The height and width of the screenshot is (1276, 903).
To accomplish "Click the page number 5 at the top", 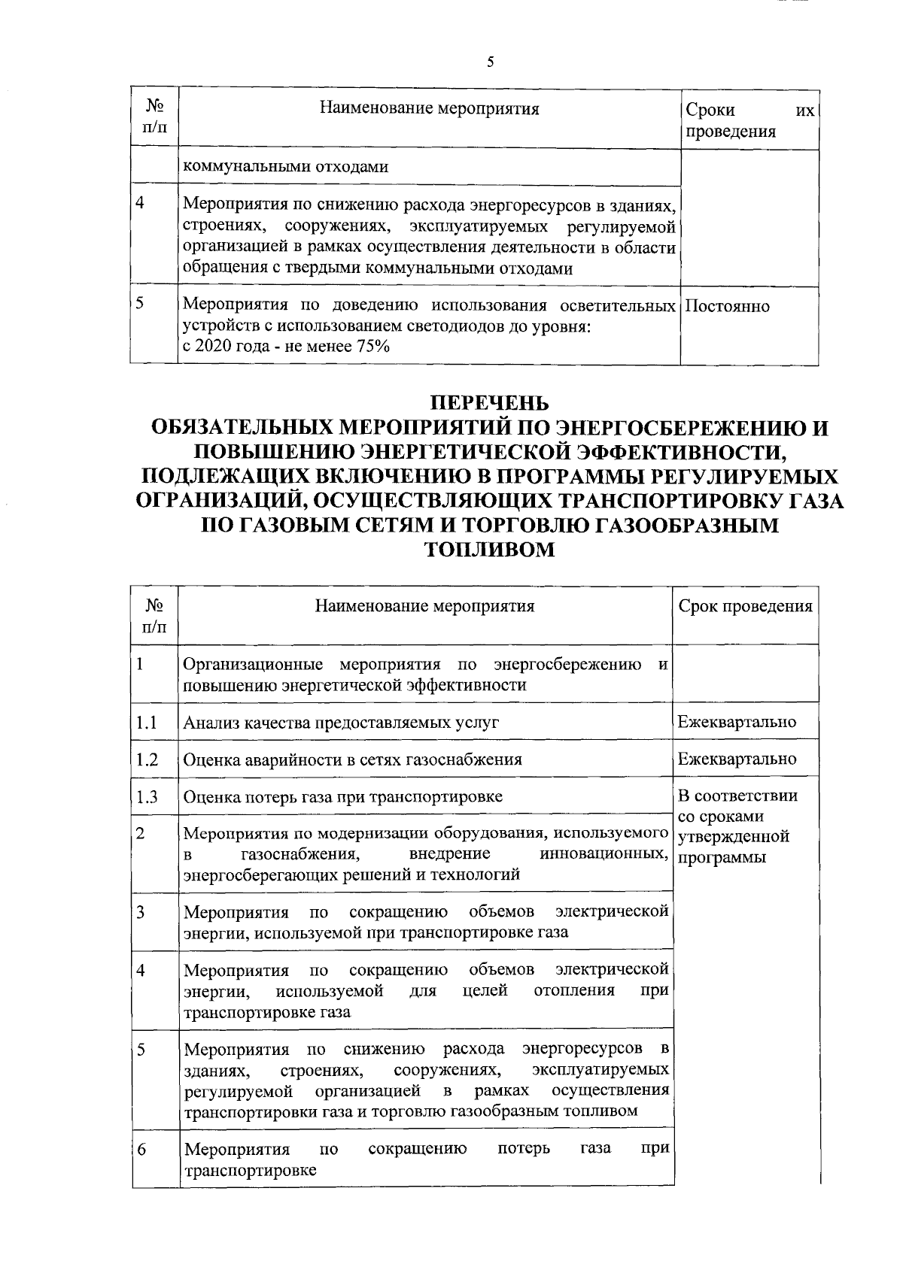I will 490,62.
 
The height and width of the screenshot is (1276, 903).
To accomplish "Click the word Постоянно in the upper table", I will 728,306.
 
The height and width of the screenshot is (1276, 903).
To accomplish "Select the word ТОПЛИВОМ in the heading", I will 490,550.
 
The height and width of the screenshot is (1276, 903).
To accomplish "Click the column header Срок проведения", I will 745,607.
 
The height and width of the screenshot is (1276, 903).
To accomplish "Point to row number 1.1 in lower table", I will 147,723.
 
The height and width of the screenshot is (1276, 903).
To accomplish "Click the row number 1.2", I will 147,759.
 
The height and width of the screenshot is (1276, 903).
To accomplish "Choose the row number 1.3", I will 147,796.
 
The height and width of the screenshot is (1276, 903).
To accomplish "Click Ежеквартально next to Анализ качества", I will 737,723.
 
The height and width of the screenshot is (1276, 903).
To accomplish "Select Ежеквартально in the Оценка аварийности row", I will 737,759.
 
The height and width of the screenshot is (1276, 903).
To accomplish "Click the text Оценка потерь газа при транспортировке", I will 343,796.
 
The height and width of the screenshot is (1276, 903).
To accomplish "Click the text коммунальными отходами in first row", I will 286,167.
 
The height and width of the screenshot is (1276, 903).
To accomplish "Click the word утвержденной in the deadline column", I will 733,836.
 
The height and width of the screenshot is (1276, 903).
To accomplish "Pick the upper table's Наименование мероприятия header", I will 430,109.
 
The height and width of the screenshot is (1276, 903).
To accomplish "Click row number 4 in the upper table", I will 141,203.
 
